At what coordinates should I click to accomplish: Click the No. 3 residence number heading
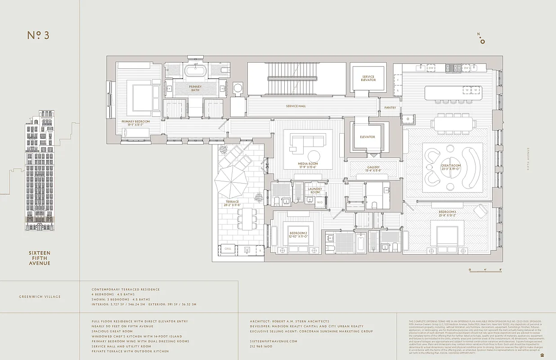38,36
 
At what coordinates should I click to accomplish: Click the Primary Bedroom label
135,121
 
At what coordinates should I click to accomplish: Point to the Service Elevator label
368,78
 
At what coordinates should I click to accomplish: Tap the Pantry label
390,108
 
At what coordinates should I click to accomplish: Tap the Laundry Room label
315,190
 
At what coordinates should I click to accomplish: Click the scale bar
485,270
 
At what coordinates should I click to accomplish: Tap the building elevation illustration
40,171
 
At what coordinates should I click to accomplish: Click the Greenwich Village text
40,297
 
